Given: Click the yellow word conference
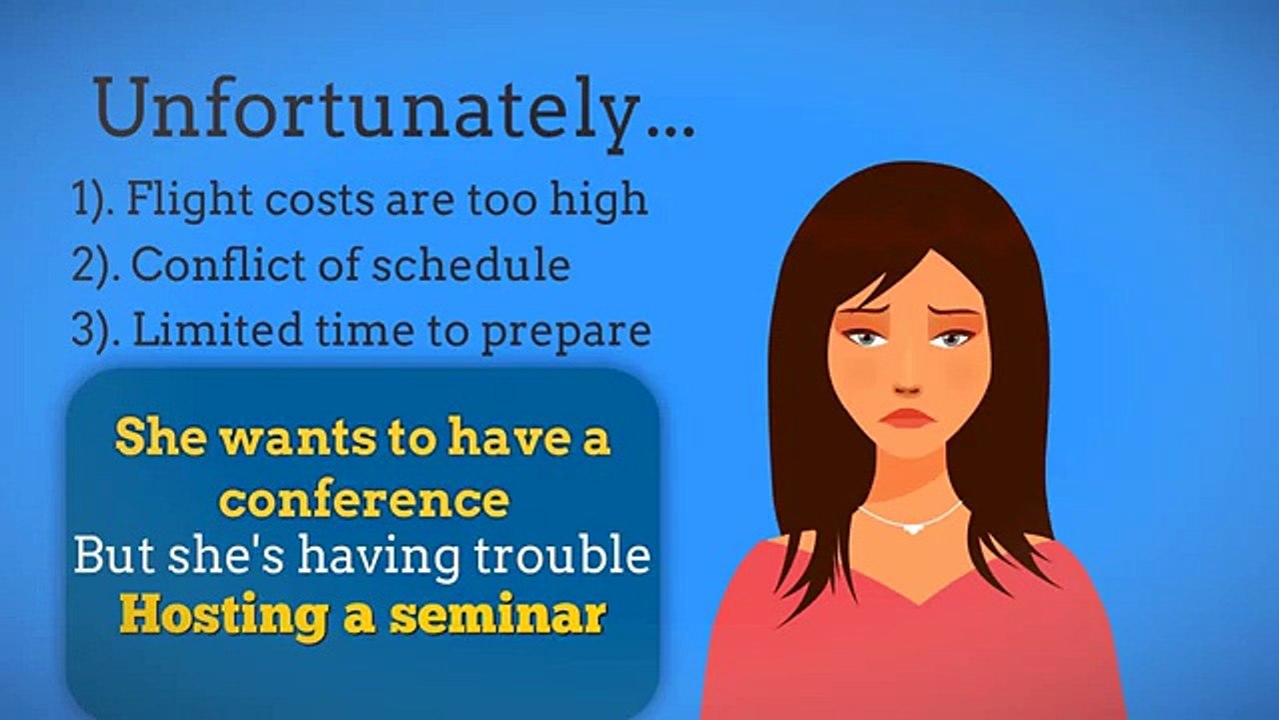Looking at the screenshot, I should [363, 499].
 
